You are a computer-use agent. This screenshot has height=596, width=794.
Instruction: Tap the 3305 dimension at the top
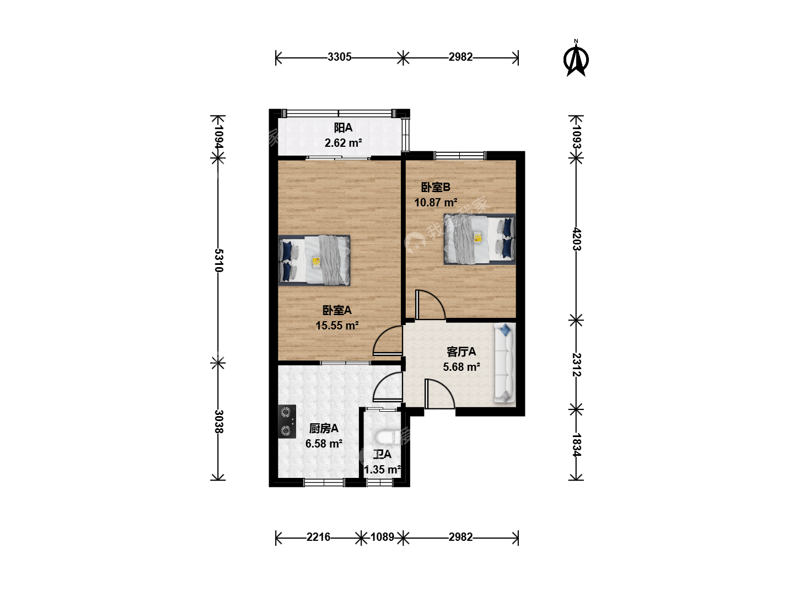tap(339, 57)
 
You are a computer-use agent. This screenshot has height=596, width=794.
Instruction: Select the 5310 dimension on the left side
tap(219, 260)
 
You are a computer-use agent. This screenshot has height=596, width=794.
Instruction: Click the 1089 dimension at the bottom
tap(382, 536)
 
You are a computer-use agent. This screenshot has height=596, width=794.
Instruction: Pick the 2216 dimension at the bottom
tap(318, 536)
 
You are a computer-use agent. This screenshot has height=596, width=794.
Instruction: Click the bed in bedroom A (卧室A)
tap(314, 260)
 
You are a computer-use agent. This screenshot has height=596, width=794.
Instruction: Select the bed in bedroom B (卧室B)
tap(480, 239)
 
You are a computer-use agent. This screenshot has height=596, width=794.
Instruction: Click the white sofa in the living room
tap(505, 363)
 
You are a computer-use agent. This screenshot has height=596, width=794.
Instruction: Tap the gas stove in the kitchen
tap(287, 422)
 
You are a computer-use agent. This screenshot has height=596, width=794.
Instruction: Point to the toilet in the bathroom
tap(388, 437)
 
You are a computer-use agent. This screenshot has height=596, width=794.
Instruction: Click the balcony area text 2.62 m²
tap(344, 143)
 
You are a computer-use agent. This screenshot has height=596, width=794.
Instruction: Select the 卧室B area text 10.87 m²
tap(436, 203)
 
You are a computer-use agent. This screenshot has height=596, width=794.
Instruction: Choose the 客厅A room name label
tap(461, 352)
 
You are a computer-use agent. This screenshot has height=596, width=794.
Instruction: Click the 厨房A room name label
tap(324, 428)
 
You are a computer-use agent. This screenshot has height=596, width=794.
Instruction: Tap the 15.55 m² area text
tap(337, 326)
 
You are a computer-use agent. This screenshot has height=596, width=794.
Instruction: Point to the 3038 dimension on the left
tap(219, 422)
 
